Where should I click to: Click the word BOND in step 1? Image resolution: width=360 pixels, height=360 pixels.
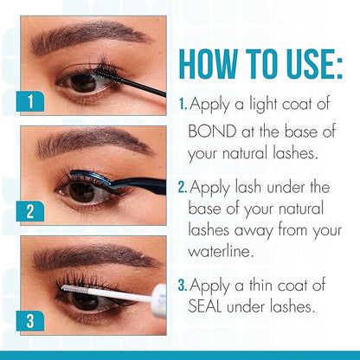212,132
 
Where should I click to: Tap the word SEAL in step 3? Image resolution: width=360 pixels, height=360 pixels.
205,306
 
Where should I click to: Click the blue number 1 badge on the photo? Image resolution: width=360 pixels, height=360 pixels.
30,101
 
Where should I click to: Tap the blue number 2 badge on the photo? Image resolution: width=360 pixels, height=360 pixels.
30,211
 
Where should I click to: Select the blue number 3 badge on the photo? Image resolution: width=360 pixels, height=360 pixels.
30,321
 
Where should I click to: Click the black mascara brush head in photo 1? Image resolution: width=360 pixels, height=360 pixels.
105,72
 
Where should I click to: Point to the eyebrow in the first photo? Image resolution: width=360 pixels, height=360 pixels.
89,36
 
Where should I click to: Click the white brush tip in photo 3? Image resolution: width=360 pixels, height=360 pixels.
75,288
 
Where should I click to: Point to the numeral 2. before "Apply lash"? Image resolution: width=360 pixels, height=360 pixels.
183,188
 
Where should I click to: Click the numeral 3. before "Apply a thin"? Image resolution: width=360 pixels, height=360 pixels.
183,286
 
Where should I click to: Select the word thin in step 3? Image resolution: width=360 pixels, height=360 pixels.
260,285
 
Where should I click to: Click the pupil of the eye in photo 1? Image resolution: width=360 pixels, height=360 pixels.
83,83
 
